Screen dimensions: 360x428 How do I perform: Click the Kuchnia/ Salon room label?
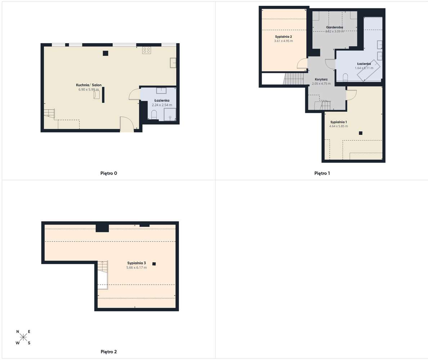(89, 85)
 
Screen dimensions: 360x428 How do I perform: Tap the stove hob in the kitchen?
(146, 50)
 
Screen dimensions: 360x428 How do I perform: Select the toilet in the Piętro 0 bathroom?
(154, 115)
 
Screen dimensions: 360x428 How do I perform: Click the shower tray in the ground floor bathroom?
(170, 114)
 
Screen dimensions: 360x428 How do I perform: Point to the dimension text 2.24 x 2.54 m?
(162, 105)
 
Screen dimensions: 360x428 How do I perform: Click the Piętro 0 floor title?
(108, 173)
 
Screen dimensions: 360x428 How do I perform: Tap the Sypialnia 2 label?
(283, 37)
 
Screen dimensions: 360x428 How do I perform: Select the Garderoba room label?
(334, 27)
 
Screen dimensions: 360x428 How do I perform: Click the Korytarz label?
(321, 79)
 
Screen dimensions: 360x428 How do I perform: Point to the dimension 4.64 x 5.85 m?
(338, 126)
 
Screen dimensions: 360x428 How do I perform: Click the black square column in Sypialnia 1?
(360, 133)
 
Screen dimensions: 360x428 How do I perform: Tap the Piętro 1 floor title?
(322, 173)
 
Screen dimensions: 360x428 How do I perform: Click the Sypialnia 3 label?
(136, 263)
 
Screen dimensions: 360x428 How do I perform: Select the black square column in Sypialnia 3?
(154, 263)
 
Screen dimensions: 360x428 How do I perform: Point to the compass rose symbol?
(23, 337)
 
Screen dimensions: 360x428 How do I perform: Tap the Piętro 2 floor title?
(108, 352)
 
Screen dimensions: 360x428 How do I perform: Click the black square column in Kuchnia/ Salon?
(105, 53)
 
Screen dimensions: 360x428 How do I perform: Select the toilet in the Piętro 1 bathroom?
(345, 77)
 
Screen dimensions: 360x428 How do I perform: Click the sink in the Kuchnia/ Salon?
(173, 63)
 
